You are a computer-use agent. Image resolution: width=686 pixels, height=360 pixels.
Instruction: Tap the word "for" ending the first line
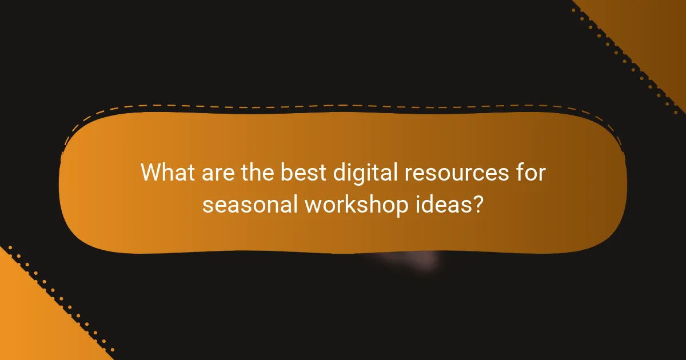click(529, 173)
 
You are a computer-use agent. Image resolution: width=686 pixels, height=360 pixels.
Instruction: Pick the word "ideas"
click(439, 204)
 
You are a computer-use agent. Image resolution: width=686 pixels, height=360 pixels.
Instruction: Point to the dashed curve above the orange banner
click(343, 106)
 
